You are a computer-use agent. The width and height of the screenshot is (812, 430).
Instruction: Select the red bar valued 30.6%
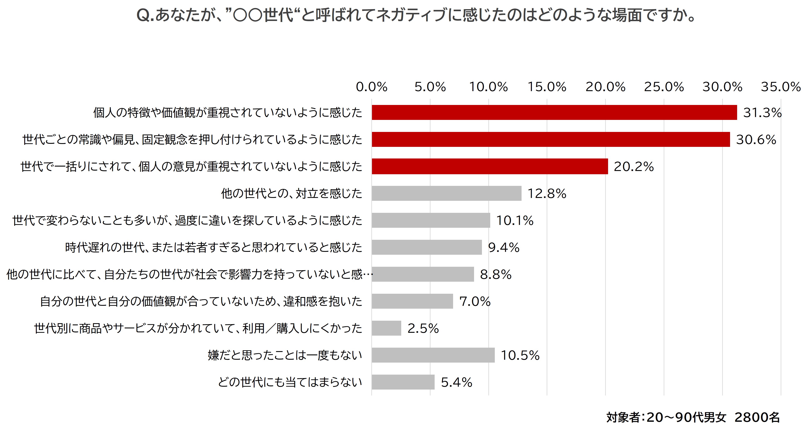pos(551,139)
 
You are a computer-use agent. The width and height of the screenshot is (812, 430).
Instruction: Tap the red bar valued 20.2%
pos(490,166)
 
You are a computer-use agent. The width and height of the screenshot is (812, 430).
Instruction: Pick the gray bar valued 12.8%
pos(446,193)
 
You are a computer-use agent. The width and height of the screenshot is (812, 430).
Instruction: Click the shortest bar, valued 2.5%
pos(386,328)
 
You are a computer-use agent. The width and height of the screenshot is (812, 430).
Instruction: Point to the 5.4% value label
pos(456,382)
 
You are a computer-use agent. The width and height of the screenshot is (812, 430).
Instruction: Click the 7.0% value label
pos(475,302)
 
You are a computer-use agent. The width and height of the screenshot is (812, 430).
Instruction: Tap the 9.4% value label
pos(503,247)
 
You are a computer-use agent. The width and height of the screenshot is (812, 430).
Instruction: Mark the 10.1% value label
pos(515,220)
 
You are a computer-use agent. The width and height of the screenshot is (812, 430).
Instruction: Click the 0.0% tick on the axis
pos(372,87)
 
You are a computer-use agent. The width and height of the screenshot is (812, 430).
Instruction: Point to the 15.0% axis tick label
pos(547,87)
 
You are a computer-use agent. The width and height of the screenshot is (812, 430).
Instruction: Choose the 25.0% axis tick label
pos(664,87)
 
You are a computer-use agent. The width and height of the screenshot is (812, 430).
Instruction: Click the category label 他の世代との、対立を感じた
pos(291,194)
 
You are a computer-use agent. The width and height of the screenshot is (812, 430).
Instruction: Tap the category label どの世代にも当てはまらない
pos(290,382)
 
